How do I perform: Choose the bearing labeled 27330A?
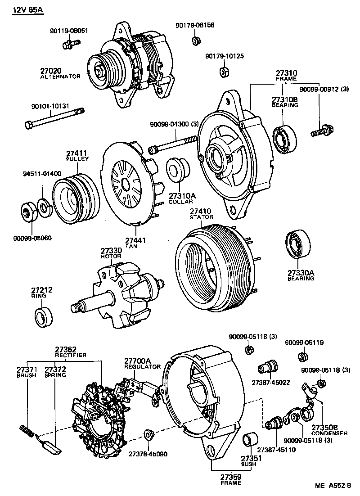[297, 245]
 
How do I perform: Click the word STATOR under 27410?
[201, 217]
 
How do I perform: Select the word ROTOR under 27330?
[111, 256]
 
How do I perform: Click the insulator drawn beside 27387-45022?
[267, 369]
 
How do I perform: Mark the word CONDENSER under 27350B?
[329, 433]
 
